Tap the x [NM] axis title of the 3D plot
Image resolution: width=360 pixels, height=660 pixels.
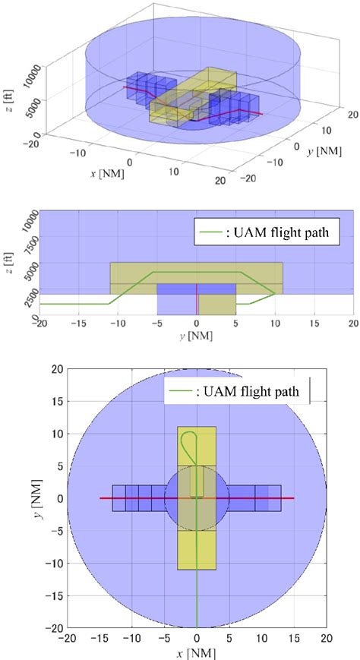[108, 174]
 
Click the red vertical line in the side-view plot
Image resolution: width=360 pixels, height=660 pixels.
[197, 299]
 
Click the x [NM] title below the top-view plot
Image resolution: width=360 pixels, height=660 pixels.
[197, 652]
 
